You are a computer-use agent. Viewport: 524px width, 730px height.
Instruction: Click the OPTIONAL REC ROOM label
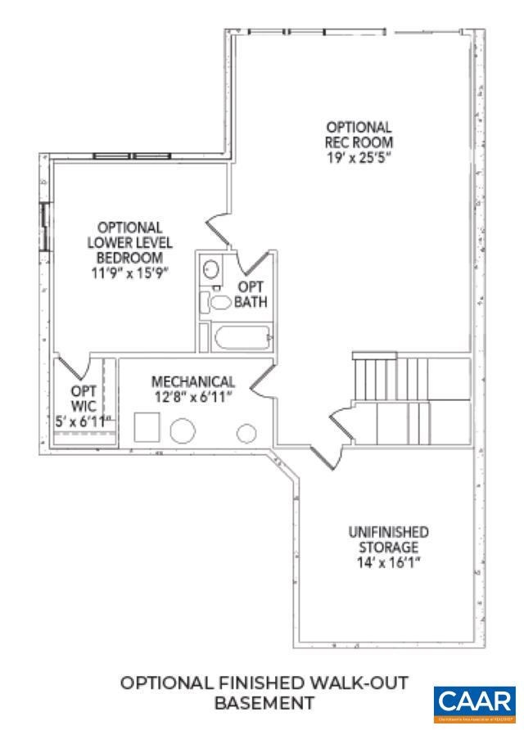359,134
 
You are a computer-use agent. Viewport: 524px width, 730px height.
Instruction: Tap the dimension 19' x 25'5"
359,156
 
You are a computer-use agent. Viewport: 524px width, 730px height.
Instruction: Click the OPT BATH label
251,295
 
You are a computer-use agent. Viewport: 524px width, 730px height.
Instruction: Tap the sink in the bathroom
211,269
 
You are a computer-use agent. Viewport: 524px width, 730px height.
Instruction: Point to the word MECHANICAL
193,381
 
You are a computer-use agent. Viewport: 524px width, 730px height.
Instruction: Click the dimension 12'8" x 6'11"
193,396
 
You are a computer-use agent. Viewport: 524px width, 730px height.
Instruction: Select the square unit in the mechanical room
147,428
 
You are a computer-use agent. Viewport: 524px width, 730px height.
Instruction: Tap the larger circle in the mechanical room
183,430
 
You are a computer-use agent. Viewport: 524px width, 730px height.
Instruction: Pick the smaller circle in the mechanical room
246,433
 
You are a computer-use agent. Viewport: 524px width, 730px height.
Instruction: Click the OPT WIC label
84,398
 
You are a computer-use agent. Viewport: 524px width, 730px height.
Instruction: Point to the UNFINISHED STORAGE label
388,539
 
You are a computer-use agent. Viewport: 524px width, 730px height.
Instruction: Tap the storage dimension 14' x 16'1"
388,563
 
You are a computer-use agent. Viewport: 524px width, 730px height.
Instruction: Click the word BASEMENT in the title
264,703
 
